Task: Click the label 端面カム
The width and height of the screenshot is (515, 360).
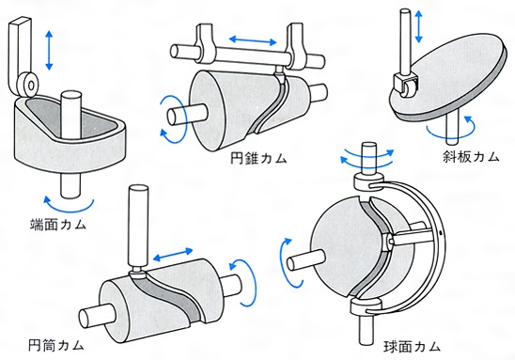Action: click(58, 225)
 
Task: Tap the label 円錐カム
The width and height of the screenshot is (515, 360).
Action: click(258, 158)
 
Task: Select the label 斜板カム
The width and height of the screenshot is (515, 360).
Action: click(471, 157)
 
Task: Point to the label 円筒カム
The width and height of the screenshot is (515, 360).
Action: click(56, 345)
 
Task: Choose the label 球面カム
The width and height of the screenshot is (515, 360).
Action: click(412, 347)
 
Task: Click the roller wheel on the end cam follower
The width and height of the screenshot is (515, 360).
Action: click(30, 86)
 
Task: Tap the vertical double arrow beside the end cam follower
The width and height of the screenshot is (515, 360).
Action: click(49, 50)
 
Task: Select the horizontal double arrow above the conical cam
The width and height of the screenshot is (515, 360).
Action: click(253, 40)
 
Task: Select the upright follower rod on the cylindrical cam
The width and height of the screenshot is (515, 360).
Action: click(138, 227)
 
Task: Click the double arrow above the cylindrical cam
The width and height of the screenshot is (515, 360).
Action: click(173, 255)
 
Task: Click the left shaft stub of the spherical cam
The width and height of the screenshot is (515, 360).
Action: click(305, 259)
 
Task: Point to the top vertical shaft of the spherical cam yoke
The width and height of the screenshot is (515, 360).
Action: click(368, 158)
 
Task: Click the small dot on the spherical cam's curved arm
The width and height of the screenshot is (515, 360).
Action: click(440, 233)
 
